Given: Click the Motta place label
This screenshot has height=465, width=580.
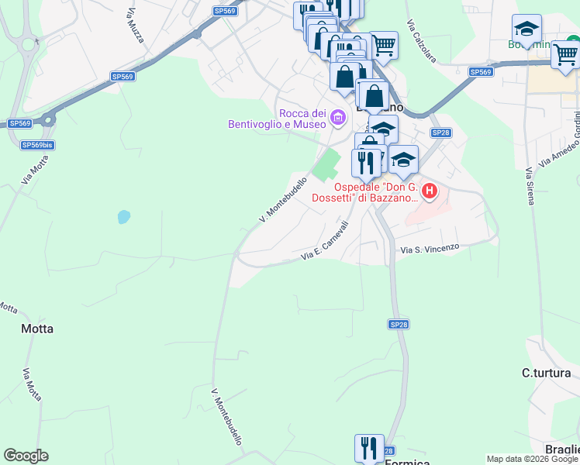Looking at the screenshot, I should point(37,329).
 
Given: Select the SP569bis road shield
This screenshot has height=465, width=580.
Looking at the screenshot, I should point(37,145).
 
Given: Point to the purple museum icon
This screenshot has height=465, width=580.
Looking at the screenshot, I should point(337,119).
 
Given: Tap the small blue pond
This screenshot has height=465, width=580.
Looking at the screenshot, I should point(123,217).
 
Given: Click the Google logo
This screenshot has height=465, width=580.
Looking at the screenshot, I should point(26,456).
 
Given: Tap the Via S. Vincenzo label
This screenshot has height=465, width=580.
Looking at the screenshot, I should point(430,248).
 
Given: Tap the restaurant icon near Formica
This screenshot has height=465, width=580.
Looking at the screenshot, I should point(369,447).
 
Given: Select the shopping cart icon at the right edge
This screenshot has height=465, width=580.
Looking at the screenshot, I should point(565,53).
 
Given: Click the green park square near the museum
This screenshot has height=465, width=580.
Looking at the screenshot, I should point(327,164).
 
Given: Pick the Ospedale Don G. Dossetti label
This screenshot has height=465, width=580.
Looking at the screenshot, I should point(376,192).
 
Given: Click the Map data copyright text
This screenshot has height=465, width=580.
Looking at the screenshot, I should point(532,459).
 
